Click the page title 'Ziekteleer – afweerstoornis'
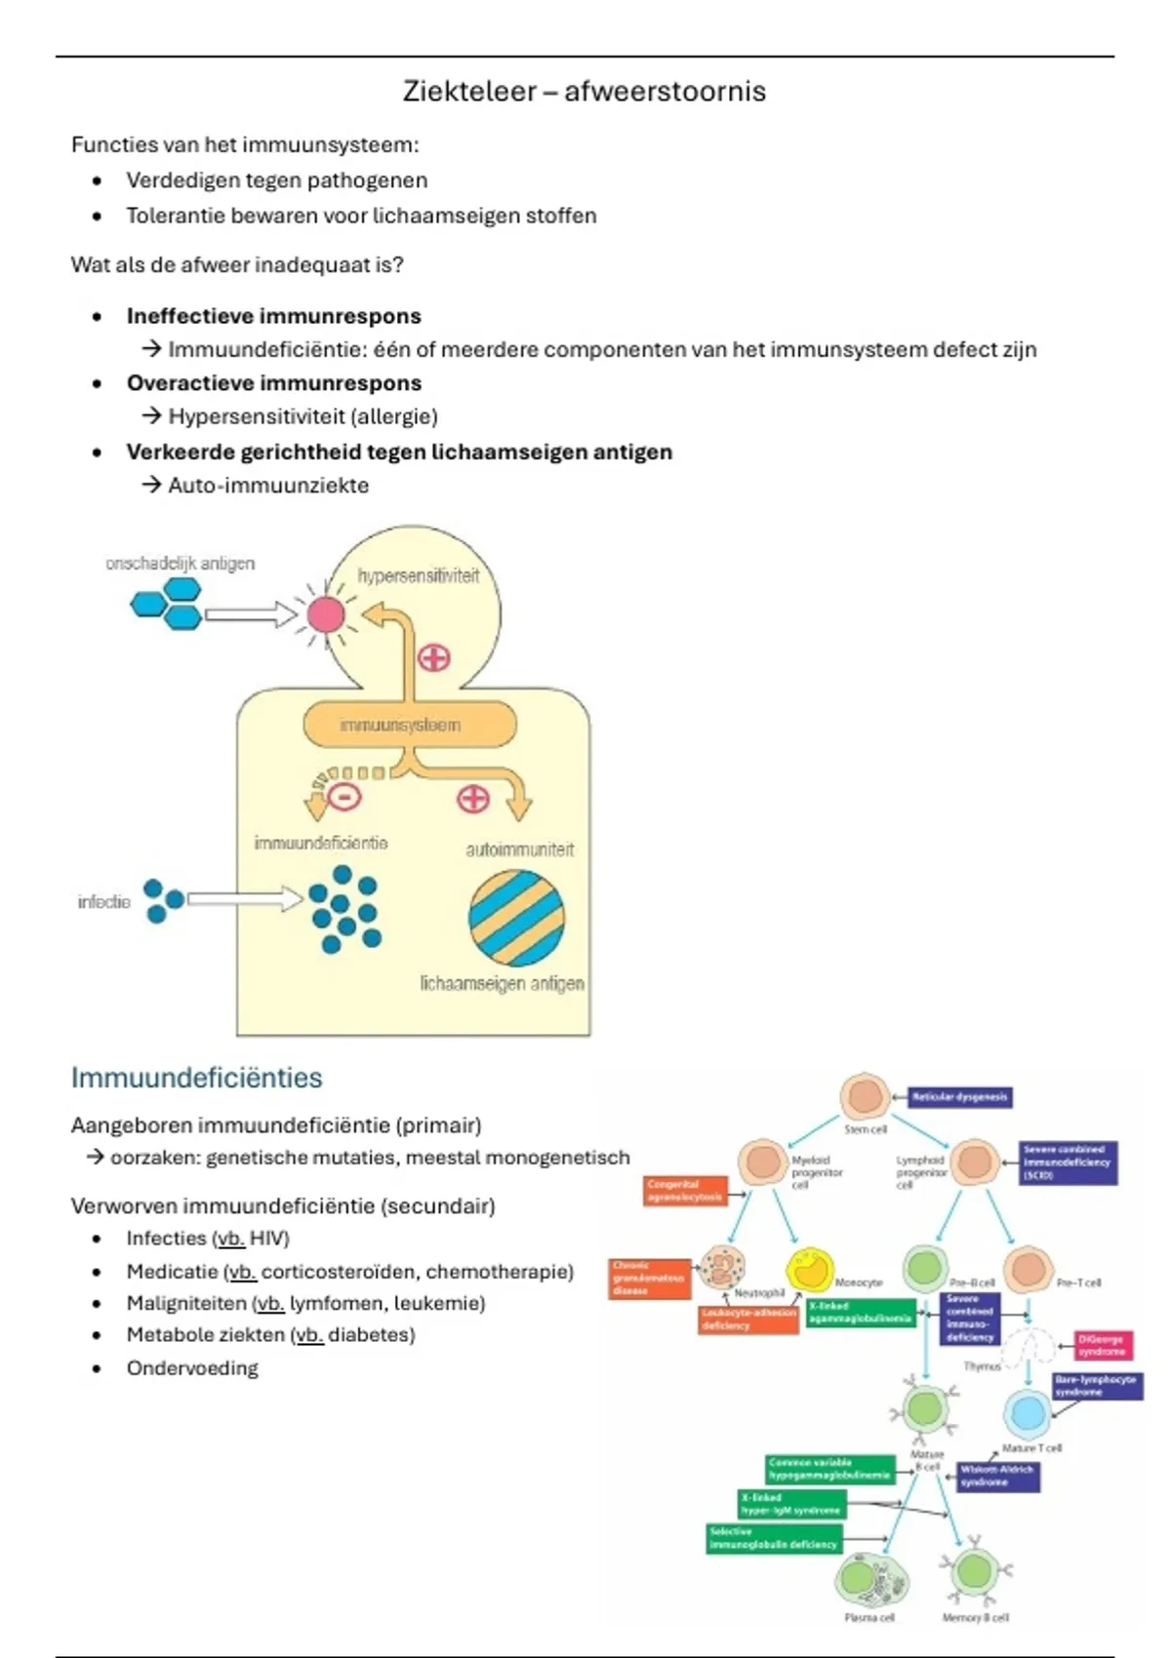coord(584,92)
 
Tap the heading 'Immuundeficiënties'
coord(196,1078)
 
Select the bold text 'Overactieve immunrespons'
coord(273,383)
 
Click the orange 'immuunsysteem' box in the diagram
coord(409,726)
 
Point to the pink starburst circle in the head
coord(326,614)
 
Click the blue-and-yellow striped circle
coord(516,918)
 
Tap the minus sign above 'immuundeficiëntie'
coord(343,797)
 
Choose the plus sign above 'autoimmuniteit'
coord(473,800)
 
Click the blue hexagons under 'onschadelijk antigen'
coord(167,603)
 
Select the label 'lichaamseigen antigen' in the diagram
coord(502,984)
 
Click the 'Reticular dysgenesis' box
coord(959,1097)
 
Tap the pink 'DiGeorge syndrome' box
coord(1103,1346)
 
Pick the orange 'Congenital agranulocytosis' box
coord(685,1191)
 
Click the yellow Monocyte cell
coord(810,1269)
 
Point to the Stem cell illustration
coord(865,1096)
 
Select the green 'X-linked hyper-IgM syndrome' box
coord(790,1504)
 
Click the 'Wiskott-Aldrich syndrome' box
coord(997,1476)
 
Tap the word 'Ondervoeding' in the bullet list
coord(192,1368)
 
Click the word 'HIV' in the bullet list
coord(268,1239)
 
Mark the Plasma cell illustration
coord(871,1580)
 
